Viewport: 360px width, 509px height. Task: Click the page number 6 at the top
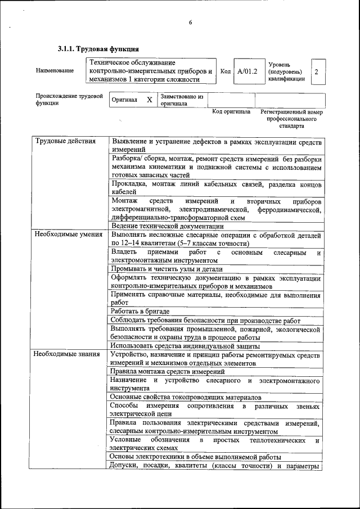point(190,22)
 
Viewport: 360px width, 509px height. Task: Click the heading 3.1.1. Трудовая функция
point(98,49)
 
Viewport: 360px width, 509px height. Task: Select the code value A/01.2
point(247,71)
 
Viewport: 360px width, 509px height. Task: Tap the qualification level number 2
point(317,71)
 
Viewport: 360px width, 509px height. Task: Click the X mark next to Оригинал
point(149,100)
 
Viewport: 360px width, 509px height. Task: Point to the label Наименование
point(55,71)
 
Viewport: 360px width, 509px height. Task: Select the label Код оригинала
point(231,112)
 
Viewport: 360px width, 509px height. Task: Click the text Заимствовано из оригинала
point(182,100)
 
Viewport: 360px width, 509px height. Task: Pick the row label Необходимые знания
point(66,354)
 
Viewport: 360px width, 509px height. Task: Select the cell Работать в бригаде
point(139,311)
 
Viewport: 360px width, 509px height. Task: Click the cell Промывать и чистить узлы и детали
point(166,269)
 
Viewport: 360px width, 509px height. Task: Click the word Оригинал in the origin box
point(124,100)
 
